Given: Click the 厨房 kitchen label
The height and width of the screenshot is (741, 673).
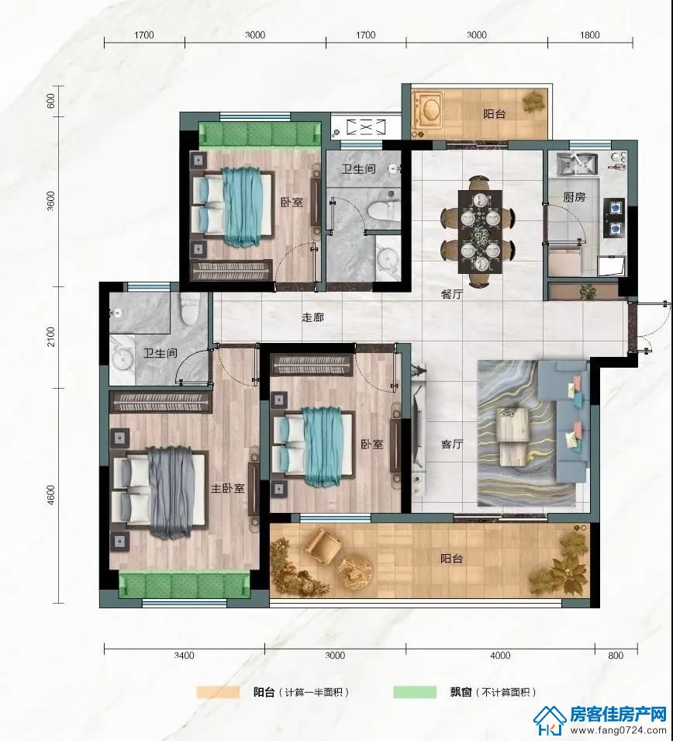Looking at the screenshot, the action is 574,196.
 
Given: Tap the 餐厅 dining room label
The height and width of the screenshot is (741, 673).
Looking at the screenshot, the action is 451,294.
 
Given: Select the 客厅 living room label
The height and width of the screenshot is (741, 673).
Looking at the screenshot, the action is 451,445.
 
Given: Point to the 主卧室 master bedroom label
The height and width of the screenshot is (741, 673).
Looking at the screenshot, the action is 228,488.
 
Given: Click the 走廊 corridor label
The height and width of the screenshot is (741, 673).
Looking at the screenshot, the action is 312,317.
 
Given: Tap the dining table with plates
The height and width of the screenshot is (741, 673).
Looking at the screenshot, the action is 478,231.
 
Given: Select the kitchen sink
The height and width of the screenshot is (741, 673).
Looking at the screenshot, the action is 577,164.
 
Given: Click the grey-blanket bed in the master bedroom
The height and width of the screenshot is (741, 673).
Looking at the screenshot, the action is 159,493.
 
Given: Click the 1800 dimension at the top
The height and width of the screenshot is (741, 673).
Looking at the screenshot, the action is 590,35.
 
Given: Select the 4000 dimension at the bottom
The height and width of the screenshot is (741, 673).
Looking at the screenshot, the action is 500,655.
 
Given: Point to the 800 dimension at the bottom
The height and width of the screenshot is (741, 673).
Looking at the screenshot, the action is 616,655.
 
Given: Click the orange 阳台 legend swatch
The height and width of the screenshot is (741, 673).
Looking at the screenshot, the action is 218,692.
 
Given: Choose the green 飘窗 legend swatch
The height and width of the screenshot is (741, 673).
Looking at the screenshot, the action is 415,692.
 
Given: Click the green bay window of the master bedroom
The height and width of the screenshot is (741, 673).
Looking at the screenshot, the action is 185,584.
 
